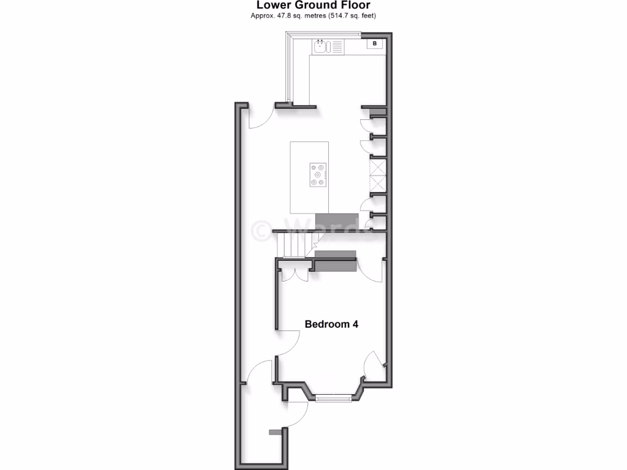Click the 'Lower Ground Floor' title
[313, 6]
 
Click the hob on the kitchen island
[318, 174]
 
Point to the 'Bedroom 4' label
[331, 324]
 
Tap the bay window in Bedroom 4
[334, 398]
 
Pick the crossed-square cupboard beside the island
[377, 176]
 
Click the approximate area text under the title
[313, 16]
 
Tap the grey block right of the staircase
[335, 261]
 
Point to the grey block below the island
[336, 222]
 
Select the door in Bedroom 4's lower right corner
[372, 366]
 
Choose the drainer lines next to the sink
[337, 46]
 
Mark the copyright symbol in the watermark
[261, 230]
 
